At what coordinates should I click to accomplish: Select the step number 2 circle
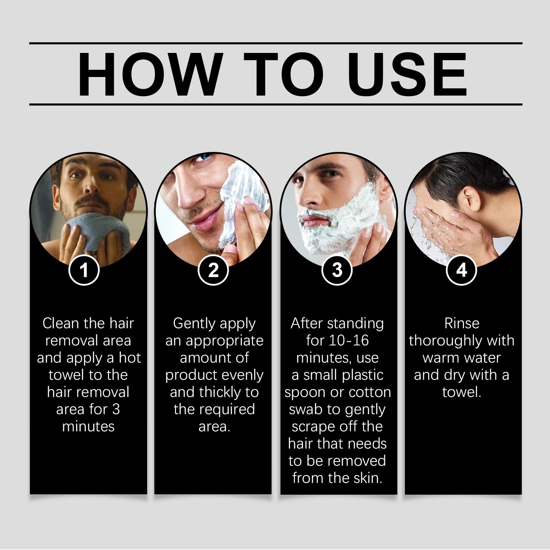(213, 270)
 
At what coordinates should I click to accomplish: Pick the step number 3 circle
(337, 270)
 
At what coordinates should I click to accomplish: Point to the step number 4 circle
(461, 270)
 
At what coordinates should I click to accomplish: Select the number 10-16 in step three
(349, 341)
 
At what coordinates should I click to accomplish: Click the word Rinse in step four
(462, 323)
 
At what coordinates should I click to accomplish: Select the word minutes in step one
(88, 427)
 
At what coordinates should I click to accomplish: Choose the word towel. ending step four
(461, 392)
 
